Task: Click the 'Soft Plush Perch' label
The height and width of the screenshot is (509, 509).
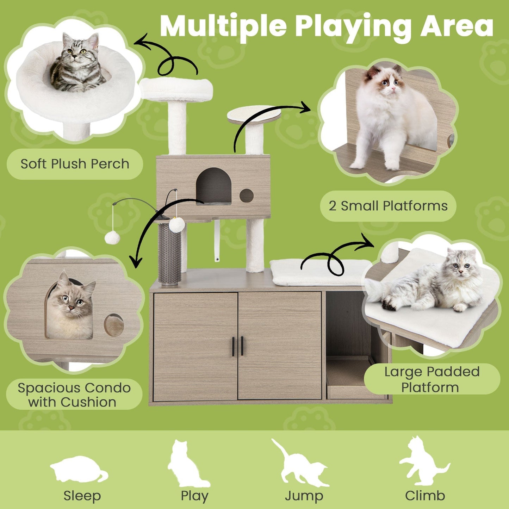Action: (75, 164)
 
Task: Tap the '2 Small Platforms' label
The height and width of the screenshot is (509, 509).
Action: (388, 206)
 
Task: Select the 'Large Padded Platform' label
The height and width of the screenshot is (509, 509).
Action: (432, 379)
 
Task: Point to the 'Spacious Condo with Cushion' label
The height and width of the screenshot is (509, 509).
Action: (74, 395)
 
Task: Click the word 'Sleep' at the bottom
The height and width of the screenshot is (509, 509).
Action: (82, 496)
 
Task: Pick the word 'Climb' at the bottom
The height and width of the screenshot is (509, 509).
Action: (425, 496)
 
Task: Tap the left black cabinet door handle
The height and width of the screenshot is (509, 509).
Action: (233, 346)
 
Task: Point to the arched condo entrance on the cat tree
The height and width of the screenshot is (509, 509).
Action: (213, 186)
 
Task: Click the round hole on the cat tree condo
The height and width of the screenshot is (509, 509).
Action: (246, 195)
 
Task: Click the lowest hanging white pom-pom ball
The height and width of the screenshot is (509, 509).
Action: (112, 238)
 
